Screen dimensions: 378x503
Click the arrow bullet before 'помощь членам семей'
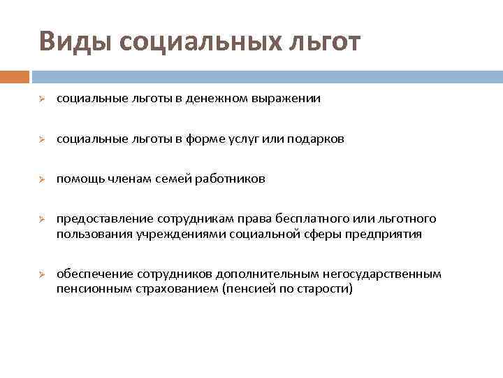(x=42, y=179)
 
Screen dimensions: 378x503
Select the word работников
(x=233, y=179)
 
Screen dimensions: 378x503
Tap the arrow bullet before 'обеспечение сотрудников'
(x=42, y=274)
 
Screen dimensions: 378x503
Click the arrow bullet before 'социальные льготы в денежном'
(x=42, y=99)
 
